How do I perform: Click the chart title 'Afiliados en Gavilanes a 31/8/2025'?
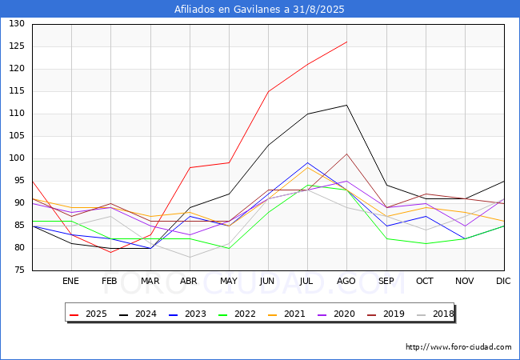pyautogui.click(x=260, y=10)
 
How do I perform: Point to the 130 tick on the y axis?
pyautogui.click(x=17, y=24)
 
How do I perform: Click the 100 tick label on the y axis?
pyautogui.click(x=17, y=158)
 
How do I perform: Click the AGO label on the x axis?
pyautogui.click(x=346, y=281)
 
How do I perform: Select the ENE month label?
pyautogui.click(x=71, y=281)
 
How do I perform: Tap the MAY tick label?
pyautogui.click(x=229, y=281)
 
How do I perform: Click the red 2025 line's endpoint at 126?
pyautogui.click(x=346, y=42)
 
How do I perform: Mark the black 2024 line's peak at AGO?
pyautogui.click(x=346, y=105)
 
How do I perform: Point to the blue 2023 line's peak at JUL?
pyautogui.click(x=307, y=162)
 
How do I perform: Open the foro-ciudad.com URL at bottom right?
pyautogui.click(x=458, y=347)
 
